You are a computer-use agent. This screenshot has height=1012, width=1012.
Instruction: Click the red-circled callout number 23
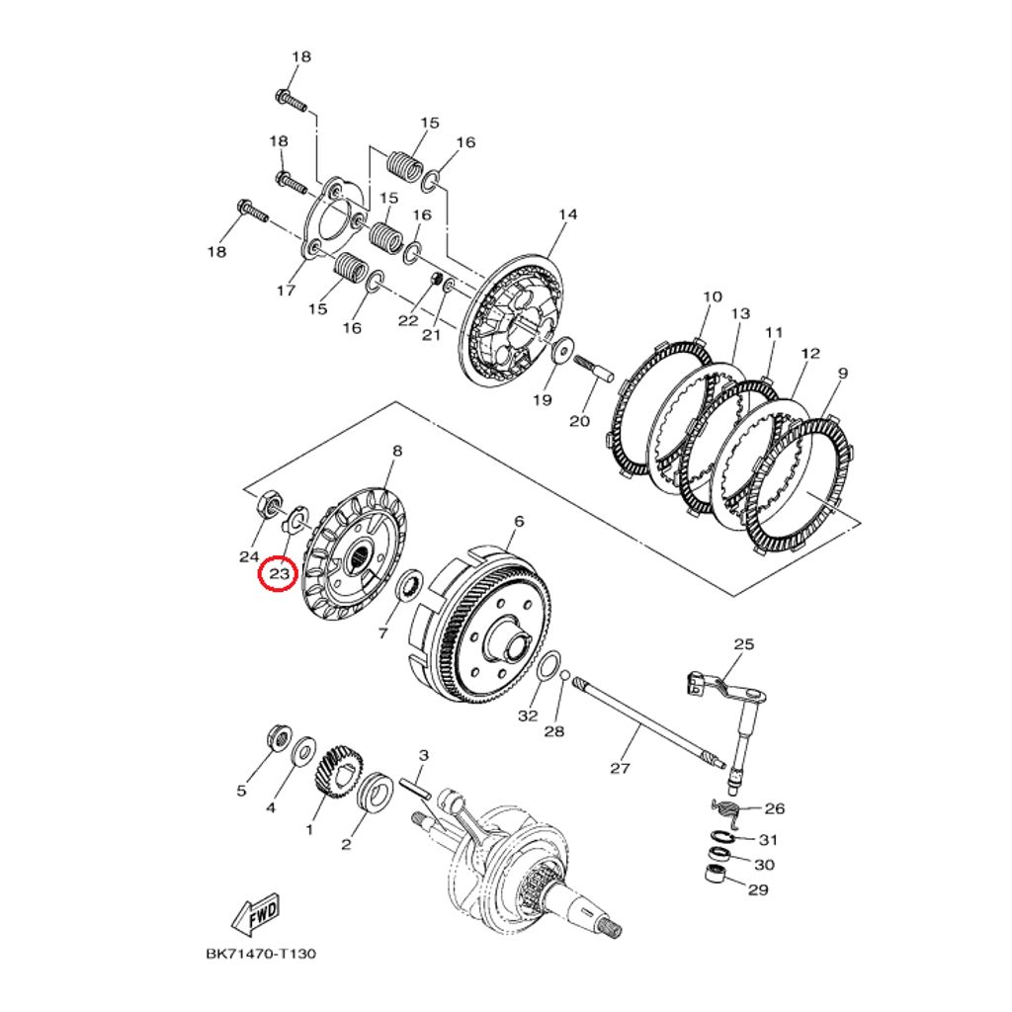tap(278, 572)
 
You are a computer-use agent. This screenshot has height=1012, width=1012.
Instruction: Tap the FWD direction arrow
tap(256, 914)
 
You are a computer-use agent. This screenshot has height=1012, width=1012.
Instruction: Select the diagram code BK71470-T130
tap(261, 954)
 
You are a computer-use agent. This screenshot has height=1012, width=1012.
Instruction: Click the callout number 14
tap(567, 214)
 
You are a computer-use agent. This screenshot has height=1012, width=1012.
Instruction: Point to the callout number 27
tap(619, 768)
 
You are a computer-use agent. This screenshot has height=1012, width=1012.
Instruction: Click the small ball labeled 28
tap(564, 676)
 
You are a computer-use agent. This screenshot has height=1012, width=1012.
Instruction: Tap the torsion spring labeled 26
tap(727, 810)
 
